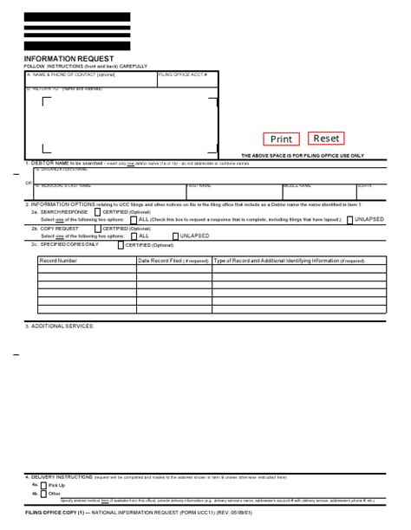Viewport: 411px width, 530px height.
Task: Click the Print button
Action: tap(281, 139)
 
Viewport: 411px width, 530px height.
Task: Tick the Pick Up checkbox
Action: tap(44, 485)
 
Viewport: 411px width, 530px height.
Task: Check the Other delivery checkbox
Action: tap(44, 493)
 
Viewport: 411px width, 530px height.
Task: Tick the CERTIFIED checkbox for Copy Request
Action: tap(97, 229)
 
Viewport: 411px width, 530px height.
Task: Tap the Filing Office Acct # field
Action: tap(186, 79)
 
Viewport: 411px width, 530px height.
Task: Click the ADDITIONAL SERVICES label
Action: tap(60, 326)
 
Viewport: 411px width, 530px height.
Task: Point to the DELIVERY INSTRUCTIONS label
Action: tap(61, 476)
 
